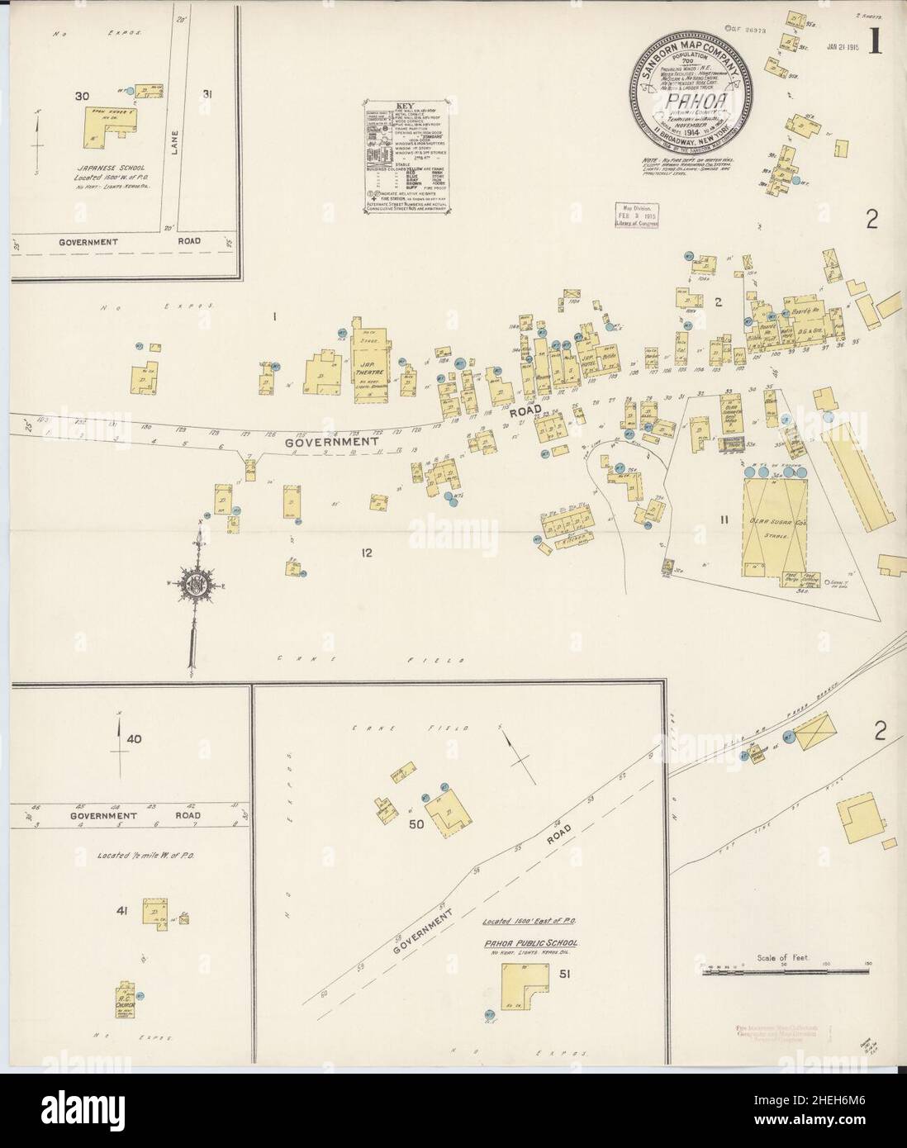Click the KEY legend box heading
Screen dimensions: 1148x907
tap(405, 106)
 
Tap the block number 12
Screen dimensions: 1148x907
tap(366, 553)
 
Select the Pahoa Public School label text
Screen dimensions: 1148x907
tap(530, 943)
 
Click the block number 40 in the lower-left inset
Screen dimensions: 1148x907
tap(126, 739)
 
